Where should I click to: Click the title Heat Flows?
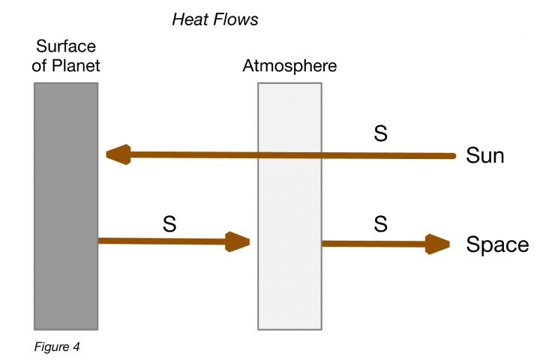pos(215,19)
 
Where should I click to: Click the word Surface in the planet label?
pos(66,46)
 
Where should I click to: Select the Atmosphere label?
pos(289,65)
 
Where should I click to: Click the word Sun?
pos(484,156)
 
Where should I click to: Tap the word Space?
pos(497,244)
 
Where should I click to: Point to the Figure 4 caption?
pos(56,347)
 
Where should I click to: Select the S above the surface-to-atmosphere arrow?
pos(169,223)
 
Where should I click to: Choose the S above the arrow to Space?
pos(380,223)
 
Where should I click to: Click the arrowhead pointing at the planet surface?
pos(118,155)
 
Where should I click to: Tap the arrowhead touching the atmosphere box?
pos(238,241)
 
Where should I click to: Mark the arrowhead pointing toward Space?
pos(437,244)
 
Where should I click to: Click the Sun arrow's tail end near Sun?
pos(450,156)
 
